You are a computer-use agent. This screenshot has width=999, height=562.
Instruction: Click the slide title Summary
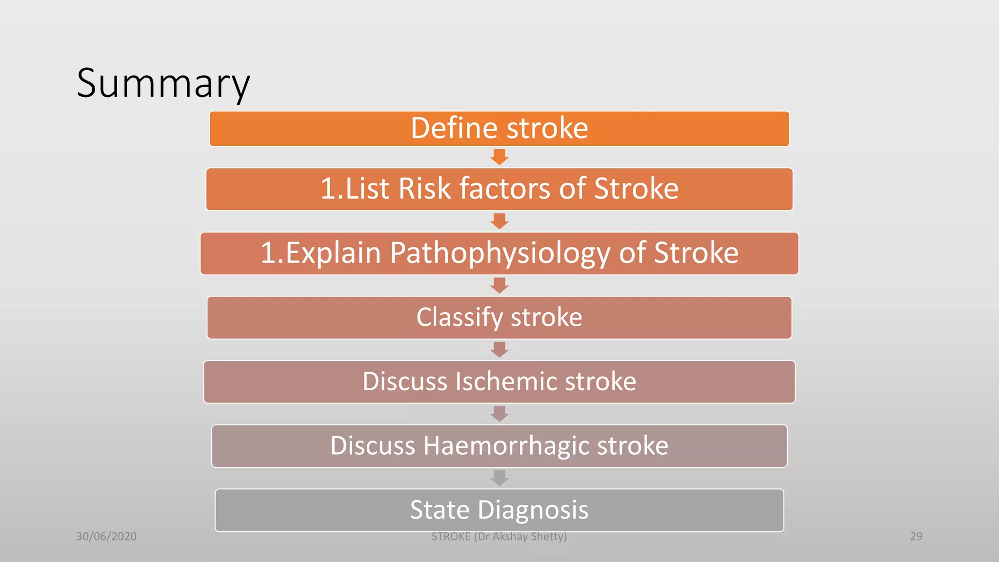[x=163, y=83]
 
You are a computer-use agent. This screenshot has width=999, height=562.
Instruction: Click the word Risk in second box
[x=424, y=189]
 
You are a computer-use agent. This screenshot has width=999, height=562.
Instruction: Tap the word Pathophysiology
[x=499, y=254]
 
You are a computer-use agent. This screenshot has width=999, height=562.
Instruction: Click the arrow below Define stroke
[x=499, y=157]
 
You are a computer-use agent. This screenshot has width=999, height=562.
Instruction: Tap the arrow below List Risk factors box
[x=499, y=221]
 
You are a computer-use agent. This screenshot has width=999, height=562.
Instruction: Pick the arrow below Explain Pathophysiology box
[x=499, y=285]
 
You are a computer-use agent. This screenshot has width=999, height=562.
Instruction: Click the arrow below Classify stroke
[x=499, y=349]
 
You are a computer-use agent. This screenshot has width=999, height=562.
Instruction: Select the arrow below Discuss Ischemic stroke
[x=499, y=414]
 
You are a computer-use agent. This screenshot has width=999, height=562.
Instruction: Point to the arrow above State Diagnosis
[x=499, y=478]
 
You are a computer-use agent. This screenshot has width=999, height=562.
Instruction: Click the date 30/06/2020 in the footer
[x=106, y=536]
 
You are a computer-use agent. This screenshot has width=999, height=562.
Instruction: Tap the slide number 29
[x=916, y=536]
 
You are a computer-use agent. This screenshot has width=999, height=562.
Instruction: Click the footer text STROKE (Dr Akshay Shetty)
[x=499, y=537]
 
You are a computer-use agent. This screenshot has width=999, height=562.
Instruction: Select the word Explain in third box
[x=332, y=254]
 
